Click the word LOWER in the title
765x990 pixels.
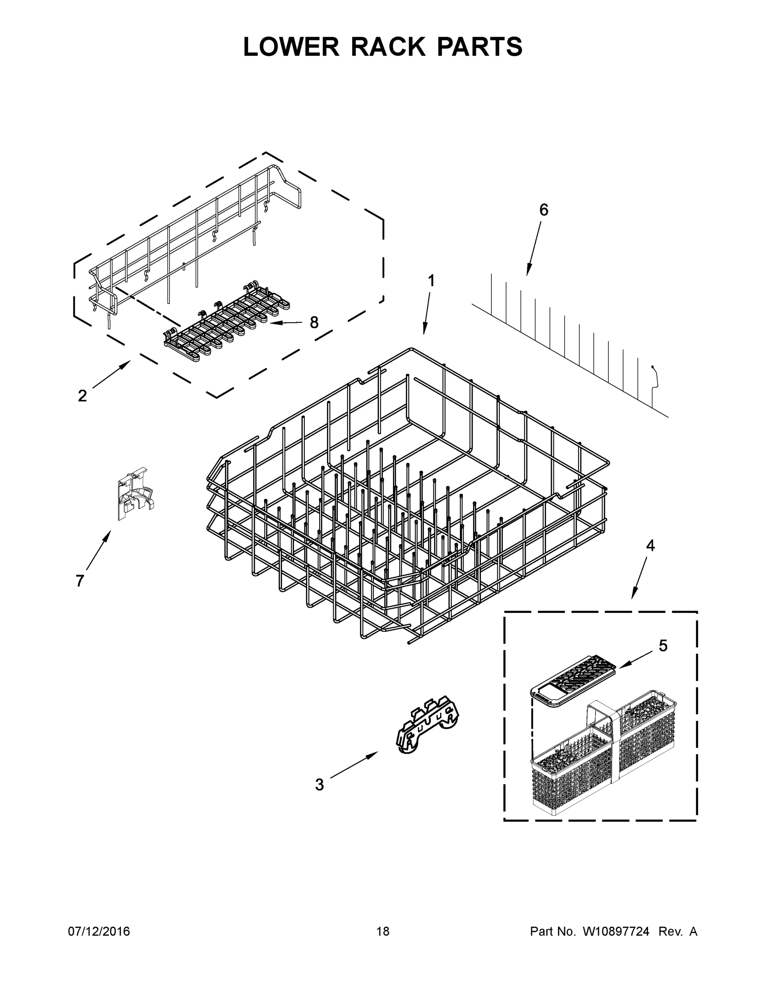(x=291, y=47)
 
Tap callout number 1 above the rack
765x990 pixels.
(x=431, y=281)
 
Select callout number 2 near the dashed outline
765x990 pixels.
(x=82, y=396)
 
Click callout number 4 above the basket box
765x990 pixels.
(x=650, y=546)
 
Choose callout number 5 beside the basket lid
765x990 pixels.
(x=663, y=646)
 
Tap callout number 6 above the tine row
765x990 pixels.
(x=544, y=210)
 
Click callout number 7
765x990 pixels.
(x=80, y=581)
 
